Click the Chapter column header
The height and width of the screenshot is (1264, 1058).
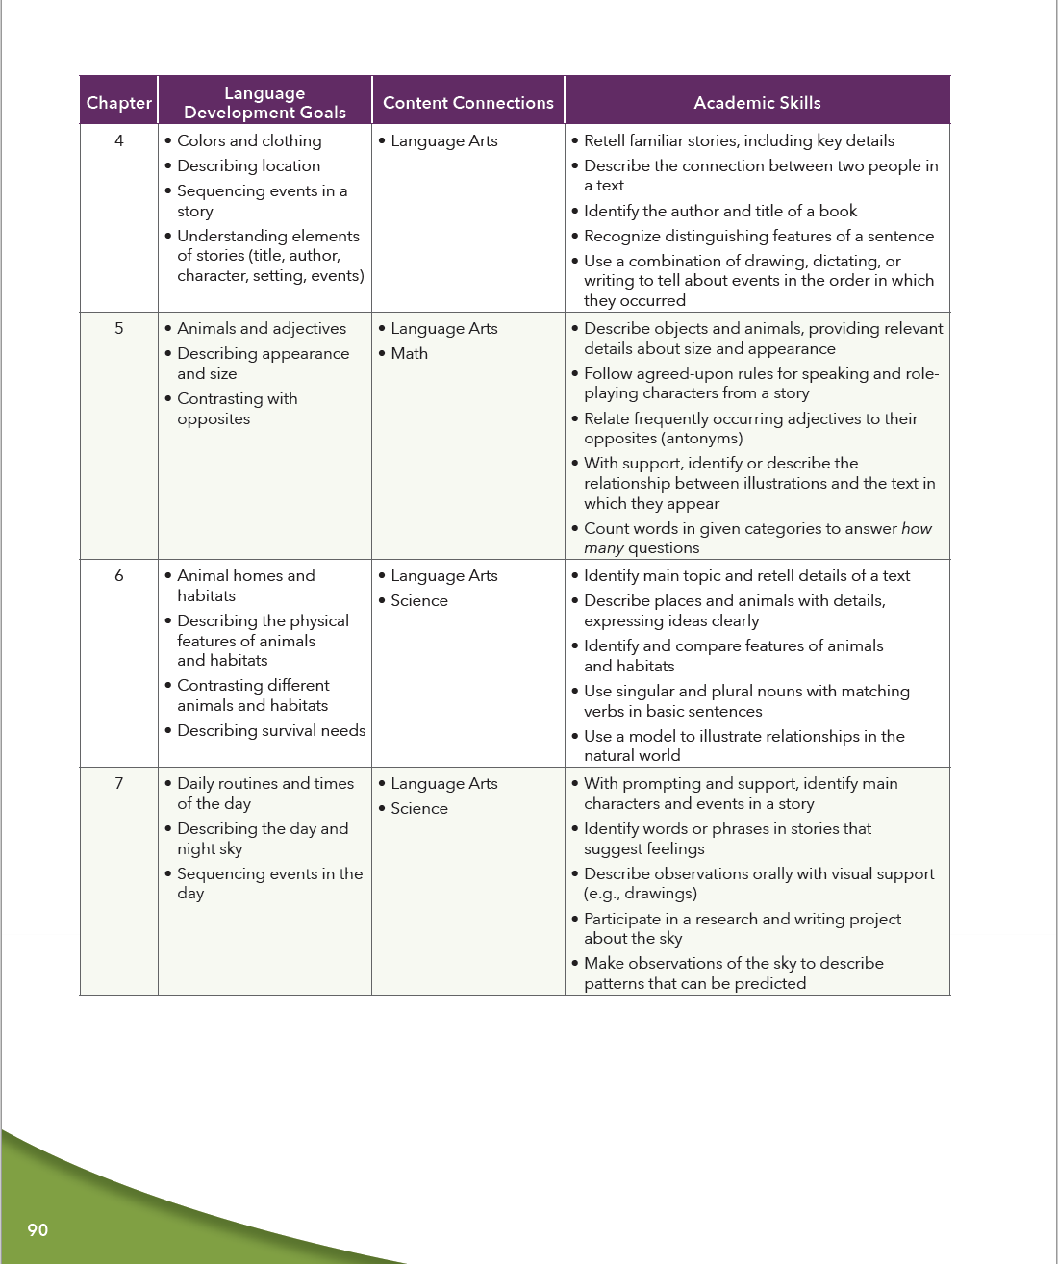pyautogui.click(x=118, y=103)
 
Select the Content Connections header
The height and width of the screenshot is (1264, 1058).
pyautogui.click(x=467, y=103)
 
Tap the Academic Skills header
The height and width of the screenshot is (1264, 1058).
pyautogui.click(x=757, y=103)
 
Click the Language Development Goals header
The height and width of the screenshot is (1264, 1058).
pyautogui.click(x=264, y=103)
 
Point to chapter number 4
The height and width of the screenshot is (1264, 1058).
pyautogui.click(x=119, y=140)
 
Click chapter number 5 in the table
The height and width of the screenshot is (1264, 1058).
pyautogui.click(x=119, y=328)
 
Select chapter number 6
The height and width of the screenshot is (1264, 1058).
pyautogui.click(x=119, y=575)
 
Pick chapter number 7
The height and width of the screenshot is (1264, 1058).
pyautogui.click(x=119, y=783)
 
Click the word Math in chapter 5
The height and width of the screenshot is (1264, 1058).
pyautogui.click(x=409, y=353)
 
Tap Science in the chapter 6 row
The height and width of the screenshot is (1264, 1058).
pyautogui.click(x=419, y=600)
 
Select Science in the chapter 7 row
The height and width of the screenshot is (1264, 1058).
pyautogui.click(x=419, y=808)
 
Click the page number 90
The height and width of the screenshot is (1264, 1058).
pyautogui.click(x=38, y=1229)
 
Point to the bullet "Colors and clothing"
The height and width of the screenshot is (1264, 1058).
pyautogui.click(x=249, y=140)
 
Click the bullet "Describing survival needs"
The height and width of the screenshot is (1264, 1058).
pyautogui.click(x=271, y=730)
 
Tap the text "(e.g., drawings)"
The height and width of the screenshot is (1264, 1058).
pyautogui.click(x=641, y=893)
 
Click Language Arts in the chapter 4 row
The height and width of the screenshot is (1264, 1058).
pyautogui.click(x=444, y=140)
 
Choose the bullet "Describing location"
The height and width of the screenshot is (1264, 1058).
pyautogui.click(x=248, y=165)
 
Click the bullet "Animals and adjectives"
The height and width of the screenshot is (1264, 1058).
pyautogui.click(x=262, y=328)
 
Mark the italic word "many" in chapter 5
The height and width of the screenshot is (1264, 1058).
pyautogui.click(x=603, y=547)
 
